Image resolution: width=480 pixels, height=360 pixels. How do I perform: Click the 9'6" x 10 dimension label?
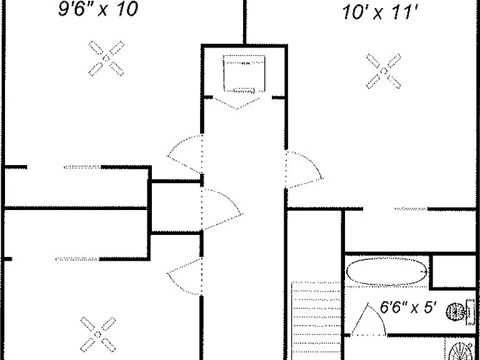[98, 9]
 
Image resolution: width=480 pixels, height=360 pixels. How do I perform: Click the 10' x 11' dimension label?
[380, 13]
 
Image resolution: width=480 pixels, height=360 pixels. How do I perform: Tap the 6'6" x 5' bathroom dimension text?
[407, 307]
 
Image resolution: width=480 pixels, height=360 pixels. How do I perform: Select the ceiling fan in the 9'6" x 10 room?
[106, 58]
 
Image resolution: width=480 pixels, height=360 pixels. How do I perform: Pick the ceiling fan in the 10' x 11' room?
[384, 71]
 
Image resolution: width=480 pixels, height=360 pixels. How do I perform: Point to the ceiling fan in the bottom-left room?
[98, 334]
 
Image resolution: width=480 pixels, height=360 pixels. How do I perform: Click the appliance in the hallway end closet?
[244, 74]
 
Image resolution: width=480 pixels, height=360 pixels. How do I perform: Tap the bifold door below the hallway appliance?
[237, 103]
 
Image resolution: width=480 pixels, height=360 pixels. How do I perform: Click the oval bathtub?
[386, 271]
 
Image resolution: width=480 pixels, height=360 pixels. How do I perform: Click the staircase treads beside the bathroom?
[316, 321]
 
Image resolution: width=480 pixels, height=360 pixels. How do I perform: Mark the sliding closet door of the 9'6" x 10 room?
[82, 167]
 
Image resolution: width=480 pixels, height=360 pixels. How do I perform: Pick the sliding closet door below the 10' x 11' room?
[411, 209]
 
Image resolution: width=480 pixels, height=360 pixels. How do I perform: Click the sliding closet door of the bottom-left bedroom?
[77, 259]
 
